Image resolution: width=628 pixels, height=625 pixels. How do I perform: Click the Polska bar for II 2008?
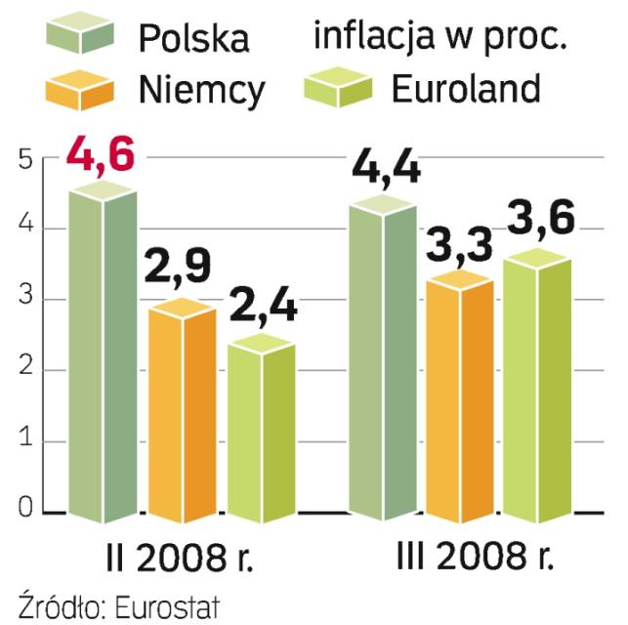[102, 352]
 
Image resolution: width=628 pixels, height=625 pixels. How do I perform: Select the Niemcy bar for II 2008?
[182, 410]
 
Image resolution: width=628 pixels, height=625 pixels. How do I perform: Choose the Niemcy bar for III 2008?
[460, 396]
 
